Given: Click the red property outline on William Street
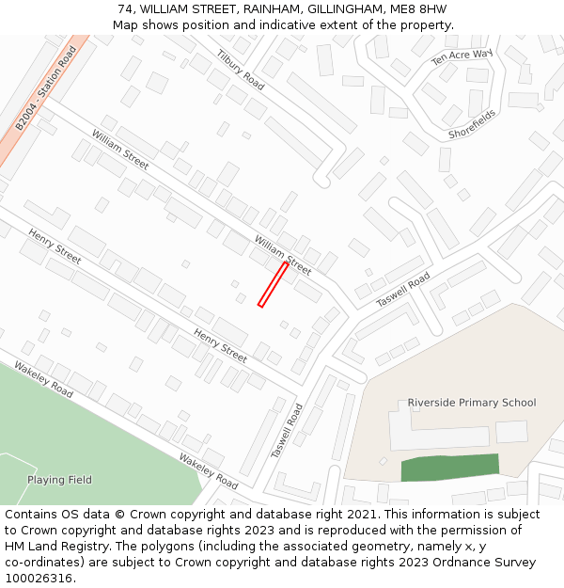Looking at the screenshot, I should click(273, 284).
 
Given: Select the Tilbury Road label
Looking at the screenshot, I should click(241, 68).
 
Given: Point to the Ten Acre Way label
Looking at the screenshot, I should click(462, 57).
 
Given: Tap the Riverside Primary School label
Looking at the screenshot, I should click(471, 403).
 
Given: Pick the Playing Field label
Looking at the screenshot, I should click(59, 480).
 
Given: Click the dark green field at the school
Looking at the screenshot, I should click(450, 467).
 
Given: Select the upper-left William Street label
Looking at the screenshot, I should click(120, 150).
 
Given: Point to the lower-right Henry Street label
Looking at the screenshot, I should click(221, 345).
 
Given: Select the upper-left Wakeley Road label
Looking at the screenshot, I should click(43, 376).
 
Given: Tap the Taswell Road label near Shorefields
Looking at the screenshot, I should click(403, 289).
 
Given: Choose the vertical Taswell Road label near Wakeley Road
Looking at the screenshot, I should click(288, 431).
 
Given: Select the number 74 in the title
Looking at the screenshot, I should click(127, 8).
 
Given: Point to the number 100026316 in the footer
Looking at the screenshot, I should click(39, 578).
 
